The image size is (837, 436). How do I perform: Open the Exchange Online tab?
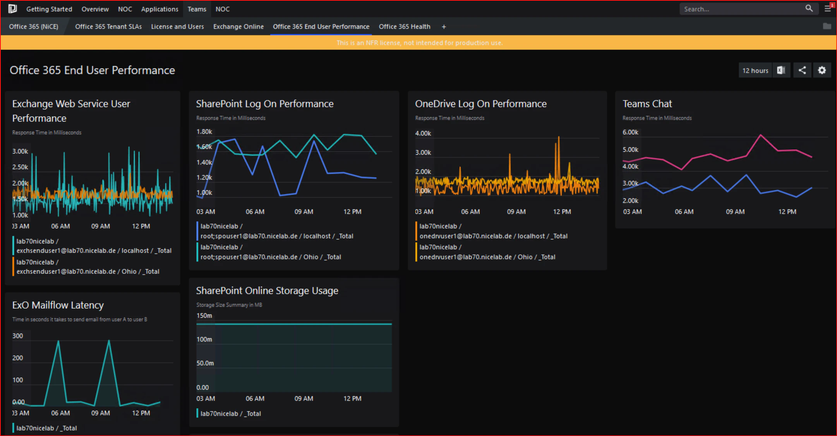pos(238,27)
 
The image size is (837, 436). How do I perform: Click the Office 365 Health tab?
pos(404,27)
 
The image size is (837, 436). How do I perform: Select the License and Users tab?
pos(177,27)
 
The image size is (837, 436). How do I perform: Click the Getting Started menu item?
pos(49,9)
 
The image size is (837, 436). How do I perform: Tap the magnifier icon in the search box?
pos(809,9)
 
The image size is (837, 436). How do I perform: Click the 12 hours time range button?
pos(755,70)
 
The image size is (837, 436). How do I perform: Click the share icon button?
pos(802,70)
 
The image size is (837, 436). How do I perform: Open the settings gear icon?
pos(822,70)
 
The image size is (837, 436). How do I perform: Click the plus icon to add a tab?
pos(444,27)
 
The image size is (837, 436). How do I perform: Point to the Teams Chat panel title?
pos(647,104)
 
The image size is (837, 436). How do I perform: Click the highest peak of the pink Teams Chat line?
pos(760,135)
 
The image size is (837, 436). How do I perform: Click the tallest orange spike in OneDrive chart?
pos(558,138)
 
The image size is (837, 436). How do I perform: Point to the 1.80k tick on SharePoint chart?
pos(204,132)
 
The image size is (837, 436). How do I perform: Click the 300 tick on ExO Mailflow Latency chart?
pos(17,336)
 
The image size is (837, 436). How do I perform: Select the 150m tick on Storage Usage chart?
pos(204,316)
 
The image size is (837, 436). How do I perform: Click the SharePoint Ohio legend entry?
pos(270,252)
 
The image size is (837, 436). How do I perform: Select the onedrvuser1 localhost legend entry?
pos(493,231)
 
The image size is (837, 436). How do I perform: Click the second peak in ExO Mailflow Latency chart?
pos(109,341)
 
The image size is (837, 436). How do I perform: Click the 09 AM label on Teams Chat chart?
pos(735,212)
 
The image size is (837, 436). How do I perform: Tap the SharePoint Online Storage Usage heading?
pos(267,291)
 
